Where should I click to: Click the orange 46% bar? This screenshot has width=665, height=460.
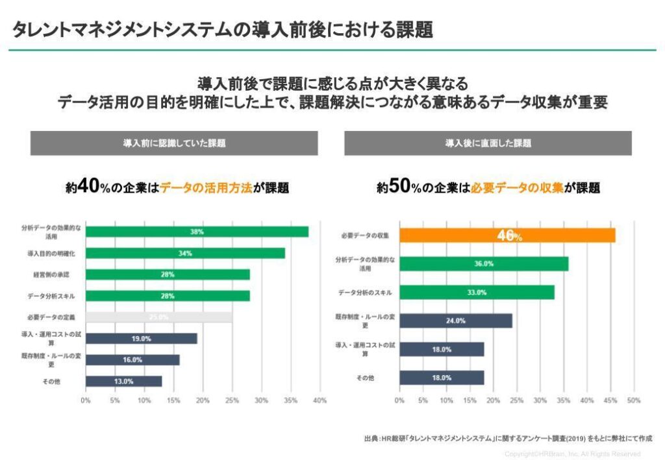point(507,236)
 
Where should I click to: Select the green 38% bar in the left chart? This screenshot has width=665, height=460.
point(197,232)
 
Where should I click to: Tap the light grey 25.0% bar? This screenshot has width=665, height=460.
point(158,317)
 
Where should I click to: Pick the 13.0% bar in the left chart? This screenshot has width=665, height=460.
point(123,381)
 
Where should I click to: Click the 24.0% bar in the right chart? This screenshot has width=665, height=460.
point(455,321)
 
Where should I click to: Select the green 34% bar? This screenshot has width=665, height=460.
point(185,253)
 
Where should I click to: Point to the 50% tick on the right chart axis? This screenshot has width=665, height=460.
point(634,400)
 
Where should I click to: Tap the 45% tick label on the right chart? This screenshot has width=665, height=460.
point(610,400)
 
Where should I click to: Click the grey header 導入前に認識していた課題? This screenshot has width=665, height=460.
point(174,143)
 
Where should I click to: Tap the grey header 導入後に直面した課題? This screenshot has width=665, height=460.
point(488,143)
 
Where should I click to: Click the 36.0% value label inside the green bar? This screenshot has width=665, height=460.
point(484,264)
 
